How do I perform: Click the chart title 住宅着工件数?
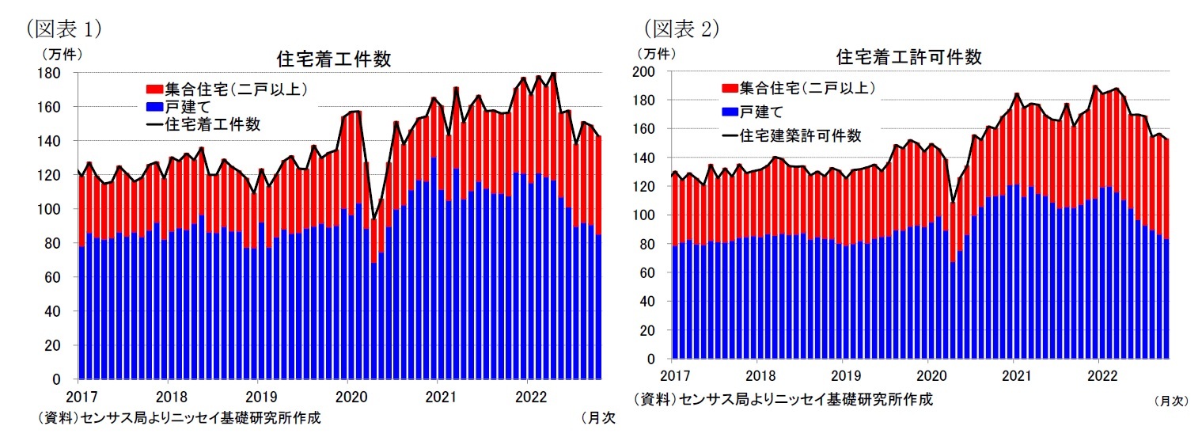[333, 59]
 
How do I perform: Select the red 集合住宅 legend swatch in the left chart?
[154, 89]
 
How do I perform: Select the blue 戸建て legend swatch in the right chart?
[729, 111]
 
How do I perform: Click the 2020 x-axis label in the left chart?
[349, 395]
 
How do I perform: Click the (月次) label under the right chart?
[1171, 401]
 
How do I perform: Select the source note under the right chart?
[783, 399]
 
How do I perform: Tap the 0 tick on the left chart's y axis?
[57, 380]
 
